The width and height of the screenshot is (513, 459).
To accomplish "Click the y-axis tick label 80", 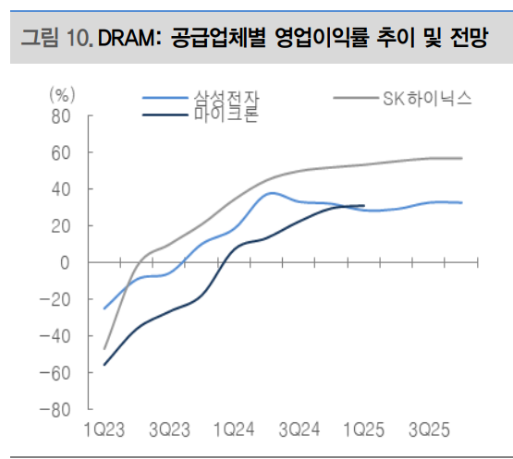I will [61, 116].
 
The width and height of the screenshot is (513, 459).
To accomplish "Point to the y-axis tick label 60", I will [61, 152].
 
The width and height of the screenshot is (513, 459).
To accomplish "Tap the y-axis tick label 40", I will [61, 189].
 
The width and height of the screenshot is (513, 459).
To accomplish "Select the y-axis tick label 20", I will [61, 226].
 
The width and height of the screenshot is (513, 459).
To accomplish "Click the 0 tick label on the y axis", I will [66, 262].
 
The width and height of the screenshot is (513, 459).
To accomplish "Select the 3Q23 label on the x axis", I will [169, 429].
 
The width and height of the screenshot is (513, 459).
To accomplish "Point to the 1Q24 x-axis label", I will [234, 429].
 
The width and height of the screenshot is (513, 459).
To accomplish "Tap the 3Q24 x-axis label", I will [299, 429].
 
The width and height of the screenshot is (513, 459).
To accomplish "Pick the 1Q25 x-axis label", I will [364, 429].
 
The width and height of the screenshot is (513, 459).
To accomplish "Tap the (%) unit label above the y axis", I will [62, 94].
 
